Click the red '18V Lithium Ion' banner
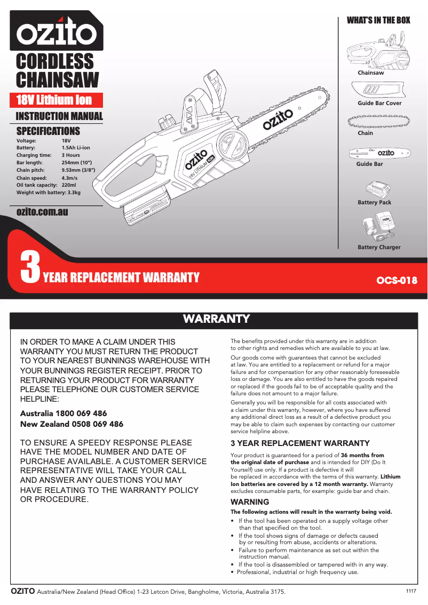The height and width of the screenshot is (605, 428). pyautogui.click(x=54, y=100)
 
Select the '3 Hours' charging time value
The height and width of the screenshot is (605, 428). pyautogui.click(x=71, y=155)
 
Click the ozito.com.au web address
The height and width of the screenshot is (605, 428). pyautogui.click(x=42, y=212)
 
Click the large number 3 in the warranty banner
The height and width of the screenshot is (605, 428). pyautogui.click(x=29, y=268)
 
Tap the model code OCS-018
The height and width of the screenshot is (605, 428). pyautogui.click(x=397, y=280)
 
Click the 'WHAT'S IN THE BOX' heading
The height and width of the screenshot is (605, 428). pyautogui.click(x=378, y=20)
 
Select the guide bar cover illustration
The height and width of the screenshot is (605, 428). pyautogui.click(x=378, y=89)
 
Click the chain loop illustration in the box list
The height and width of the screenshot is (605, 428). pyautogui.click(x=378, y=121)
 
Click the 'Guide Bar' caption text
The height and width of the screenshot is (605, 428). pyautogui.click(x=369, y=164)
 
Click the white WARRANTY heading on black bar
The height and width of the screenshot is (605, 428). pyautogui.click(x=217, y=319)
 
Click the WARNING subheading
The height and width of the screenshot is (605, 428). pyautogui.click(x=250, y=502)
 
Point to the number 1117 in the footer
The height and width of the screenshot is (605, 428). pyautogui.click(x=411, y=591)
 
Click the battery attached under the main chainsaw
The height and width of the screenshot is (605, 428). pyautogui.click(x=146, y=211)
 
